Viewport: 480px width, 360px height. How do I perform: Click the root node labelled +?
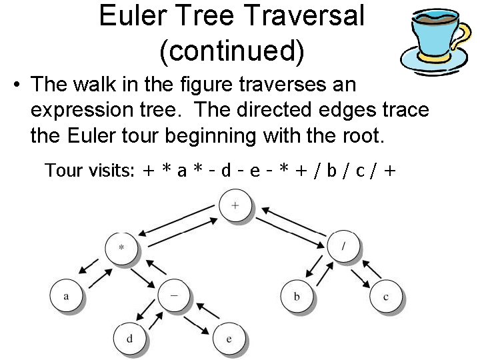coord(235,205)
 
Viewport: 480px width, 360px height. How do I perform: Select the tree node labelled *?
coord(121,247)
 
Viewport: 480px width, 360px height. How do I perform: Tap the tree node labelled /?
coord(343,246)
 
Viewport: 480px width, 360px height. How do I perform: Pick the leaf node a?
coord(66,295)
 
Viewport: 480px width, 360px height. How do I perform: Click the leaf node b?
coord(297,295)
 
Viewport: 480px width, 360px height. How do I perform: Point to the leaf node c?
coord(385,296)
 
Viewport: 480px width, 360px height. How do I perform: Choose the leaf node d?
coord(129,338)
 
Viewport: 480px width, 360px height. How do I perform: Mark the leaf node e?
coord(229,339)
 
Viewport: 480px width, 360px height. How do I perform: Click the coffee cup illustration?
coord(433,40)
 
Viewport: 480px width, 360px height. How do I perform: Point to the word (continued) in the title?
coord(231,50)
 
